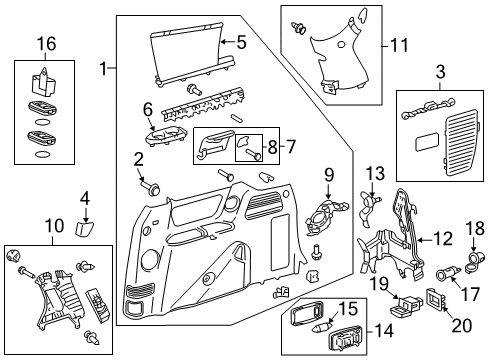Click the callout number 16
coord(43,44)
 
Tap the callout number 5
coord(240,42)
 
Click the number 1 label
coord(105,68)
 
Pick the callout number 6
coord(147,110)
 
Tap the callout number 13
coord(374,174)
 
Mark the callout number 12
coord(443,237)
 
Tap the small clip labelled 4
coord(86,226)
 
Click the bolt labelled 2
coord(154,187)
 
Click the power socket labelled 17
coord(447,273)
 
